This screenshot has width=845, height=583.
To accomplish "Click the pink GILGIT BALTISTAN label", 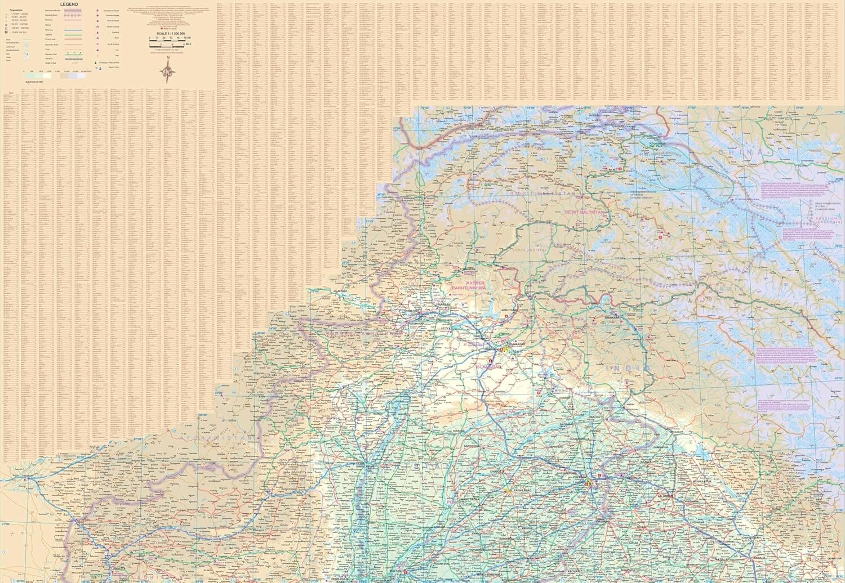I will [x=584, y=212].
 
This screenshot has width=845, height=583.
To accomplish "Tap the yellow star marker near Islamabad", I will [x=506, y=349].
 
